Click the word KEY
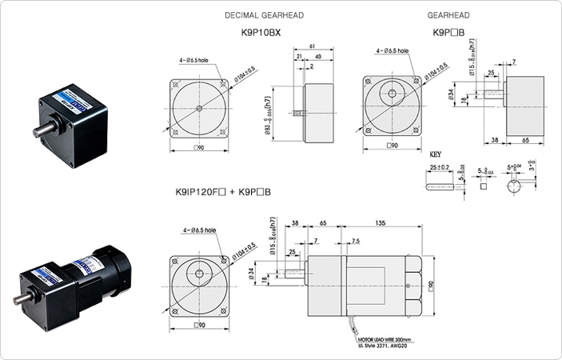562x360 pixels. pyautogui.click(x=436, y=153)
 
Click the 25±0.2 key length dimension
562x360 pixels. pyautogui.click(x=440, y=167)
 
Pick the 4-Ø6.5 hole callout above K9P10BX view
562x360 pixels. pyautogui.click(x=198, y=59)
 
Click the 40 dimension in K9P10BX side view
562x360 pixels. pyautogui.click(x=319, y=57)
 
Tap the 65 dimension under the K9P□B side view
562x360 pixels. pyautogui.click(x=527, y=139)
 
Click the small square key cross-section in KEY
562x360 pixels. pyautogui.click(x=484, y=186)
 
